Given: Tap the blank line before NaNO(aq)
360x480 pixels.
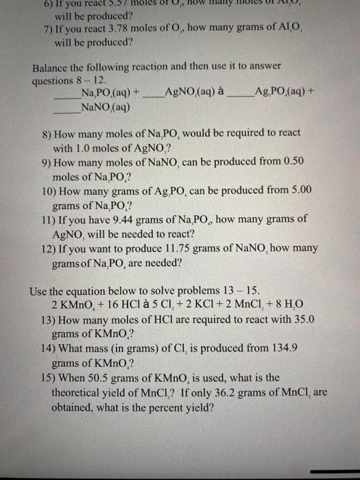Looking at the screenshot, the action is [x=66, y=108].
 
